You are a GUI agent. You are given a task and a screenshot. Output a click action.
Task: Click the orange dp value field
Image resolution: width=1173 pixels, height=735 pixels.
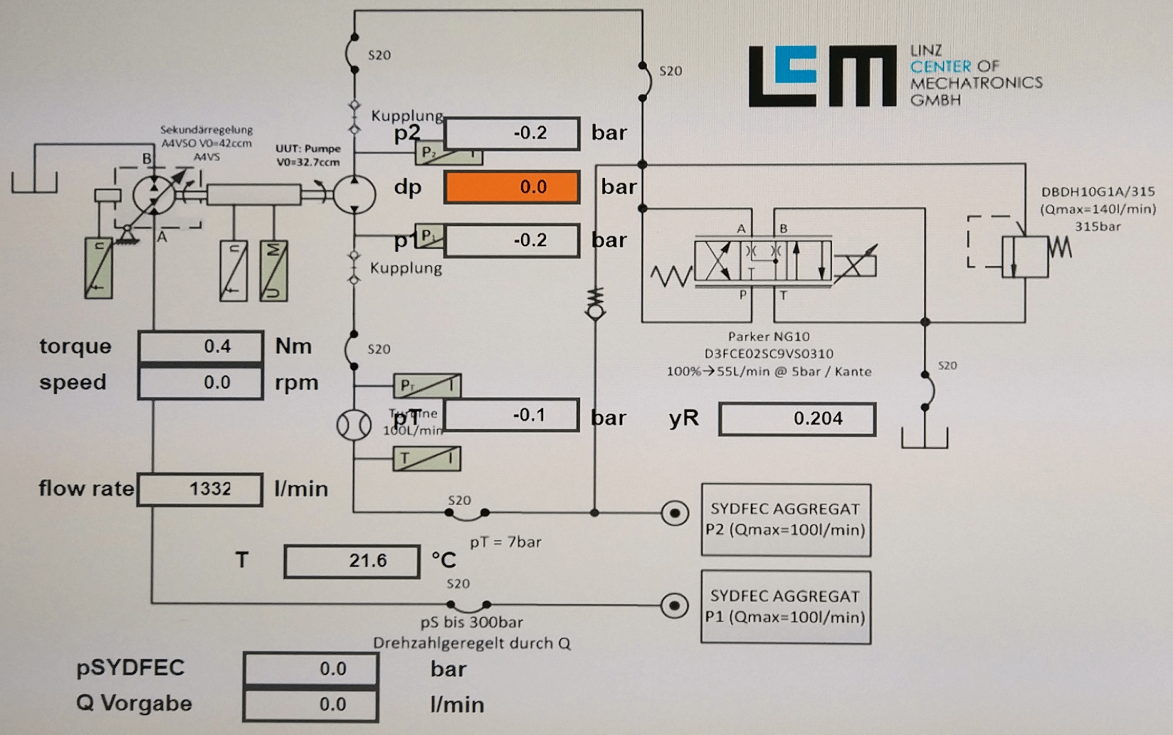point(512,187)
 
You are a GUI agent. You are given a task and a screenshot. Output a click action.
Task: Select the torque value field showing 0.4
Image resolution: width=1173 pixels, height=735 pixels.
point(200,346)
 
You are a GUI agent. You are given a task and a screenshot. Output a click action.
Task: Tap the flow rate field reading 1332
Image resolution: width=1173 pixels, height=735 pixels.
point(200,489)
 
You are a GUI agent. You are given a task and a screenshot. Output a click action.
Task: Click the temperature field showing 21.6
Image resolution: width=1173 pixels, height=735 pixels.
point(352,561)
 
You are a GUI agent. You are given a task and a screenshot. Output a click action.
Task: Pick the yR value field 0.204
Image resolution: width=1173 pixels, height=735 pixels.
point(797,419)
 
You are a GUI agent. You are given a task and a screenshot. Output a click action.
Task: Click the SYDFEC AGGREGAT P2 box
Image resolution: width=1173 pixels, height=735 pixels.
point(786,520)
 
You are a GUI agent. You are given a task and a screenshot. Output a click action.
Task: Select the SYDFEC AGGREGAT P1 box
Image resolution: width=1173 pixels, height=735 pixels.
point(786,607)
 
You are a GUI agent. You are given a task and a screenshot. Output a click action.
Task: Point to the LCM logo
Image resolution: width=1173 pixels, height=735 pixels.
point(822,76)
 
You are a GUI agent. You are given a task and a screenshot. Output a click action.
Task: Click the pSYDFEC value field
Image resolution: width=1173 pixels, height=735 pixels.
point(310,669)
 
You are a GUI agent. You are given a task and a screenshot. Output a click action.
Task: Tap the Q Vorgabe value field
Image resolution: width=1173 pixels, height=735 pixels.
point(310,703)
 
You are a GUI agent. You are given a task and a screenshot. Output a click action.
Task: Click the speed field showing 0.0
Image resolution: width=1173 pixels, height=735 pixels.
point(200,382)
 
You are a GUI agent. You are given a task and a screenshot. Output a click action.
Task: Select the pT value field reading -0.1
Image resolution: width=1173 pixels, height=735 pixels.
point(511,415)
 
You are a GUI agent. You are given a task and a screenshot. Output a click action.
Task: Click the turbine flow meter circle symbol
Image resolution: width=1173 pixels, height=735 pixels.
point(353,425)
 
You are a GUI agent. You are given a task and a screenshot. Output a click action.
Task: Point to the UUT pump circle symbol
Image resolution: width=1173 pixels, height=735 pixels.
point(354,195)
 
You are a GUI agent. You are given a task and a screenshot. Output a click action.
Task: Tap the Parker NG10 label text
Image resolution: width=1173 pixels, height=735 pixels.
point(769,337)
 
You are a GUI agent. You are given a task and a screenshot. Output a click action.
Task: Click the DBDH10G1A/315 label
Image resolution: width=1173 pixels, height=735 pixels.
point(1097,192)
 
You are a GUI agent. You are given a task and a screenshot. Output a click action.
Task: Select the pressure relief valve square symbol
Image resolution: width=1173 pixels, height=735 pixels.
point(1025,257)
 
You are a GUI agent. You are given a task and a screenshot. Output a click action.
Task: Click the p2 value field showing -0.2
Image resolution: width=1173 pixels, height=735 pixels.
point(512,133)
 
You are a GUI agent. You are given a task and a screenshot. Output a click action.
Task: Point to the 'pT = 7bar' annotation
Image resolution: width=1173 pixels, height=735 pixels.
point(505,542)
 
